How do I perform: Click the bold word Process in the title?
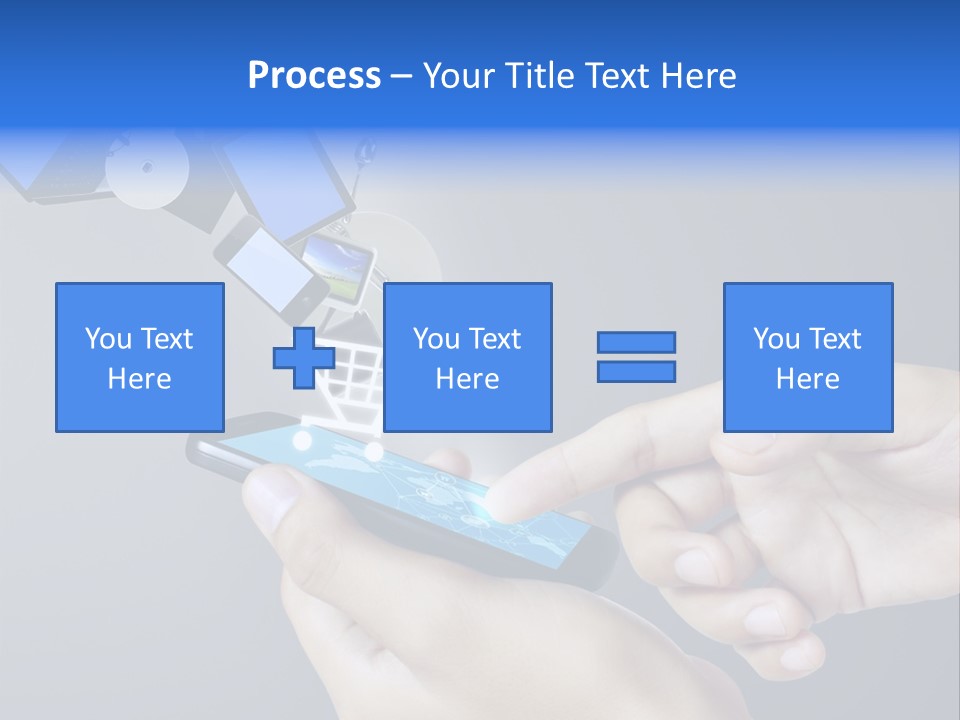314,76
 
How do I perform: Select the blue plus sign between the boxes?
304,358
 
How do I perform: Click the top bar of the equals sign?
636,342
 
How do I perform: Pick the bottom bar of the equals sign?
636,372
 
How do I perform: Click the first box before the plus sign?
140,357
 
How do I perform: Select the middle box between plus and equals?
467,357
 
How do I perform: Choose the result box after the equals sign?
808,357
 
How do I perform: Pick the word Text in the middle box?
494,339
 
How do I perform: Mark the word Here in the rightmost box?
808,379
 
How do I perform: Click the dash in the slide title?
402,76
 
